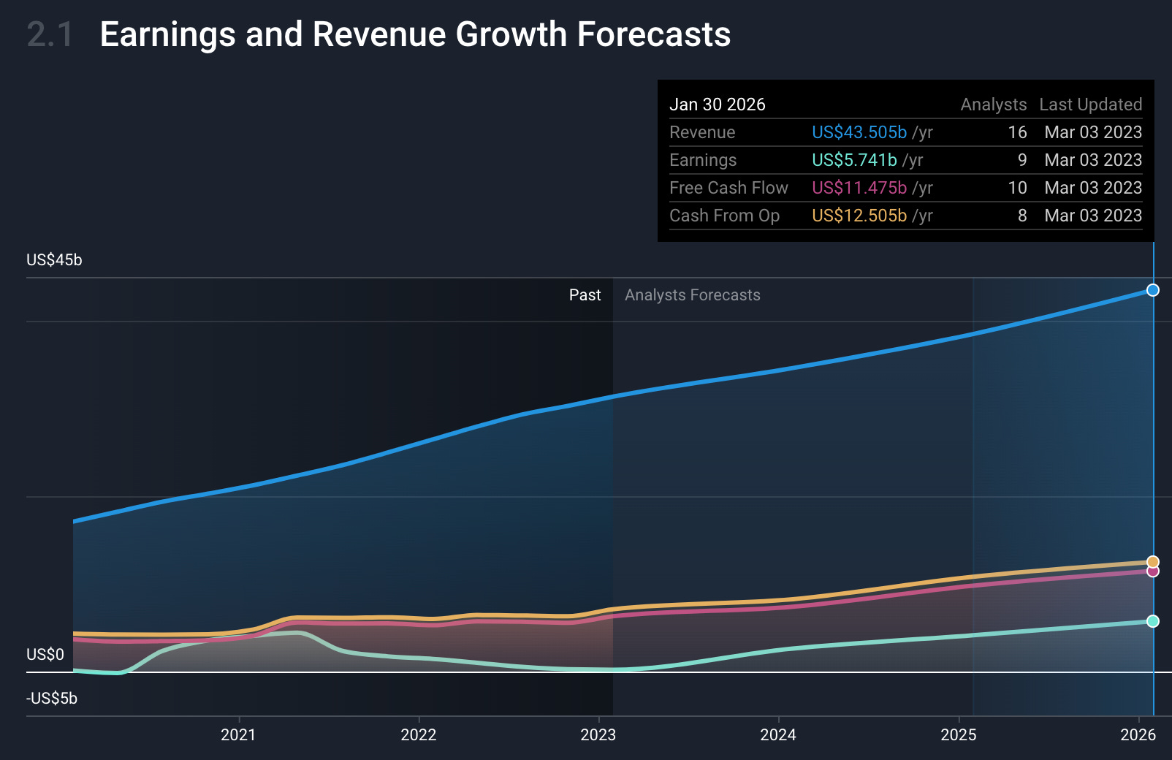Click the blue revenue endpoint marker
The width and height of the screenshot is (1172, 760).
point(1153,290)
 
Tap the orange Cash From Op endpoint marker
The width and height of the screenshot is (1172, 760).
point(1153,562)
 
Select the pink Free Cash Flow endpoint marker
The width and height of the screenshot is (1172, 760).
point(1153,571)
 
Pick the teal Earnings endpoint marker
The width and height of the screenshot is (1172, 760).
point(1153,621)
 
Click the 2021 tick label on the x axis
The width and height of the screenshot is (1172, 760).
point(238,734)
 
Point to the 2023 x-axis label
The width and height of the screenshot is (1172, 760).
point(598,734)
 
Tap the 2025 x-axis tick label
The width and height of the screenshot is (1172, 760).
point(958,734)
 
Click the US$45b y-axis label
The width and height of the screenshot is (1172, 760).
point(54,260)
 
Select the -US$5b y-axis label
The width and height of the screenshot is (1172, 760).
point(52,699)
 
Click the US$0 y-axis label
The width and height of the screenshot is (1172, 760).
point(45,655)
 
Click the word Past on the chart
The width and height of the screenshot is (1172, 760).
point(585,295)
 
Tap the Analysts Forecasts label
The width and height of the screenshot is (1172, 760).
point(692,295)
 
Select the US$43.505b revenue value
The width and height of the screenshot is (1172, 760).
point(859,132)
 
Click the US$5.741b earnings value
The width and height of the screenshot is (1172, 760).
point(854,160)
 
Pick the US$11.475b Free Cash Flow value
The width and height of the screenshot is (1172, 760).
point(859,188)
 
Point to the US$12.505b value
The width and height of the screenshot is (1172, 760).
point(859,216)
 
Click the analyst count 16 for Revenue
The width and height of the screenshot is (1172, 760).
point(1017,132)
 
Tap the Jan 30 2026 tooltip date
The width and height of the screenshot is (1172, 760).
point(717,104)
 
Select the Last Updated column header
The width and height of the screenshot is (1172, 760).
point(1090,104)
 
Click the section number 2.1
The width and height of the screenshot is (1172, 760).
point(50,34)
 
